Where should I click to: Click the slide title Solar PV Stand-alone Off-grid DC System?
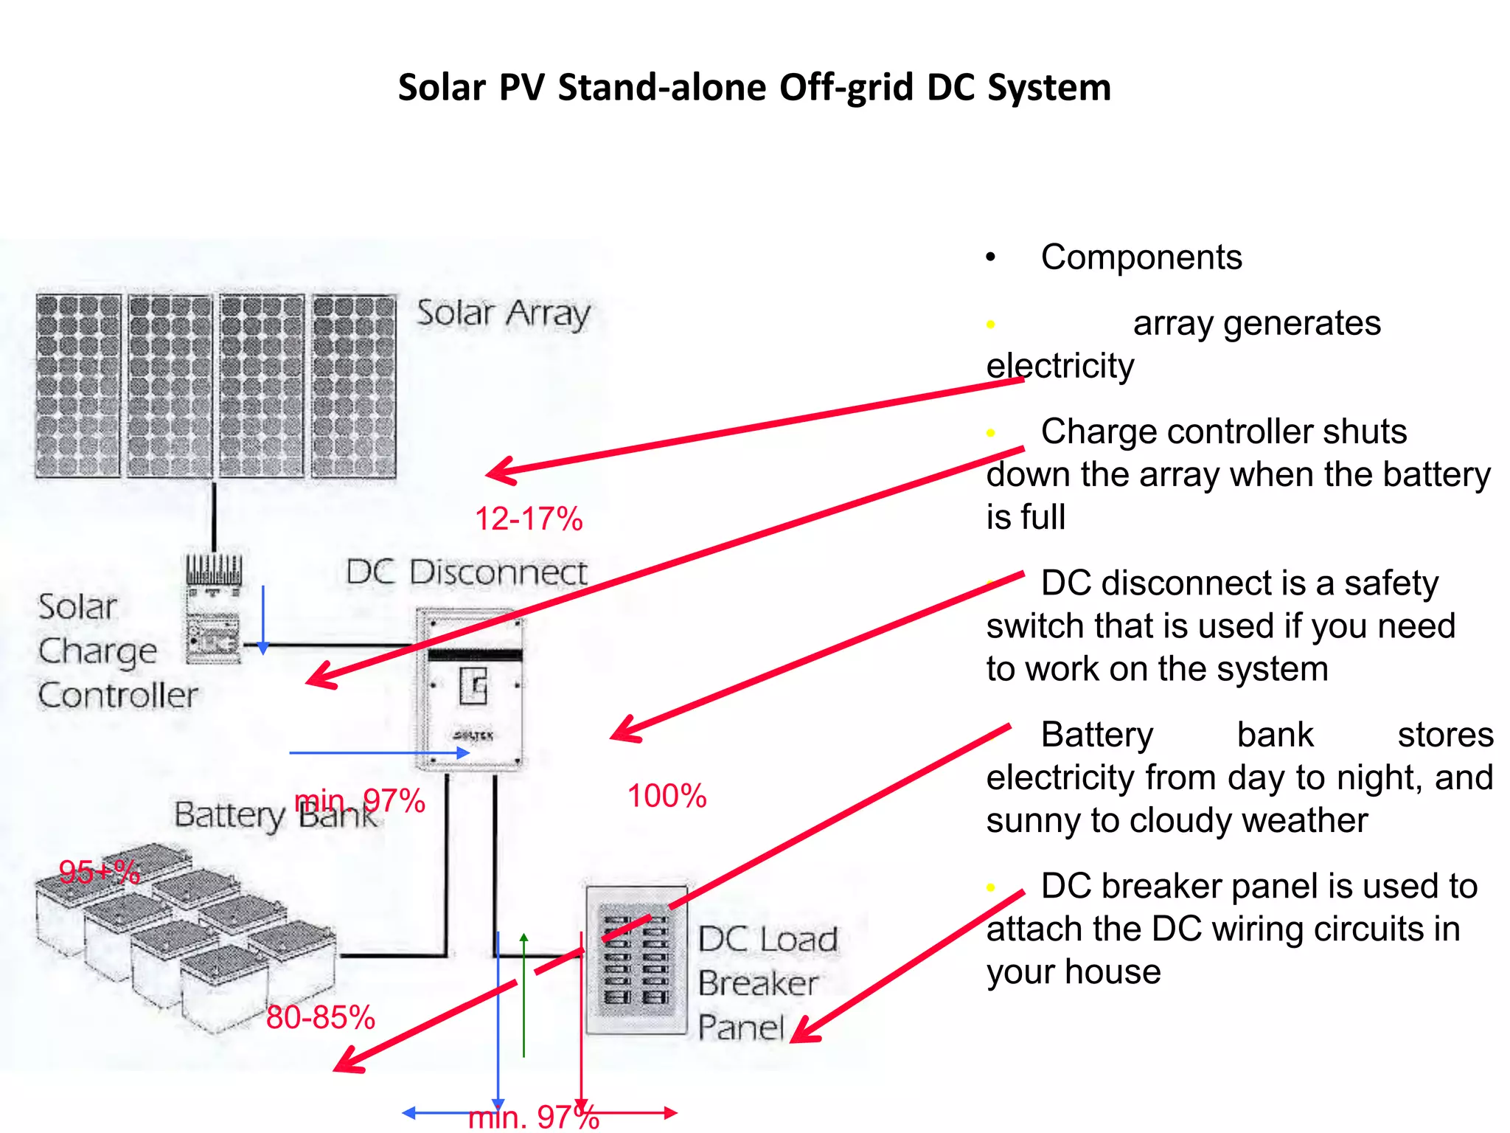(x=754, y=88)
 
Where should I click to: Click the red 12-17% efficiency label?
(x=529, y=519)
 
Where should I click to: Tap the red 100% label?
(x=667, y=796)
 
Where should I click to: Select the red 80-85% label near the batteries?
(x=320, y=1017)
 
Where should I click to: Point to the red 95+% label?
(x=99, y=872)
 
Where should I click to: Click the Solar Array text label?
(x=504, y=313)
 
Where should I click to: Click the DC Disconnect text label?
(x=466, y=572)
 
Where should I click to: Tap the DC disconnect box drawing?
(x=470, y=690)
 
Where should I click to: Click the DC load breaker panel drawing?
(x=636, y=960)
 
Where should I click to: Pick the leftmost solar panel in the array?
(x=78, y=386)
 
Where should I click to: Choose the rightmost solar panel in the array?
(x=354, y=386)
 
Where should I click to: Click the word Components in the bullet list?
(x=1141, y=257)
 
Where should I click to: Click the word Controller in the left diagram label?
(x=118, y=695)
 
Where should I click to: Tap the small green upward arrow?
(x=523, y=992)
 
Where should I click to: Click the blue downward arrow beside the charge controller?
(x=262, y=620)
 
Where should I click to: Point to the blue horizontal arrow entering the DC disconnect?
(x=380, y=753)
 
